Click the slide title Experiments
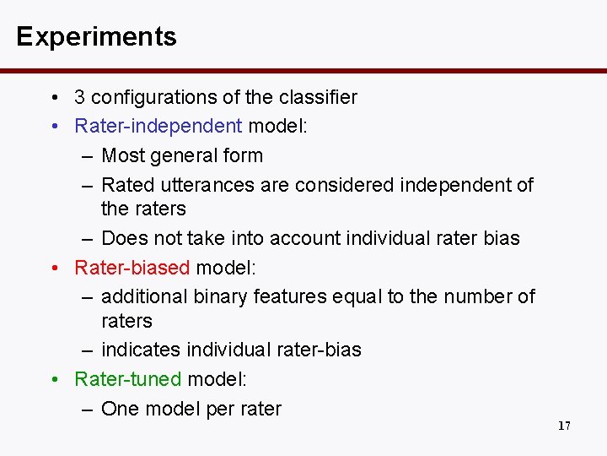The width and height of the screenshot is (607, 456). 96,36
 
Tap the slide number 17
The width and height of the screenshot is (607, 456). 564,426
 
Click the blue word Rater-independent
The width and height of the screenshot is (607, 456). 158,126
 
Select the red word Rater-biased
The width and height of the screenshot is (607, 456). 132,268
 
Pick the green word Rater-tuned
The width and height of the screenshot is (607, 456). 128,379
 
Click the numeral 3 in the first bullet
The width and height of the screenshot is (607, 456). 79,97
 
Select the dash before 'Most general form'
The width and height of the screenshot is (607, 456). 88,156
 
